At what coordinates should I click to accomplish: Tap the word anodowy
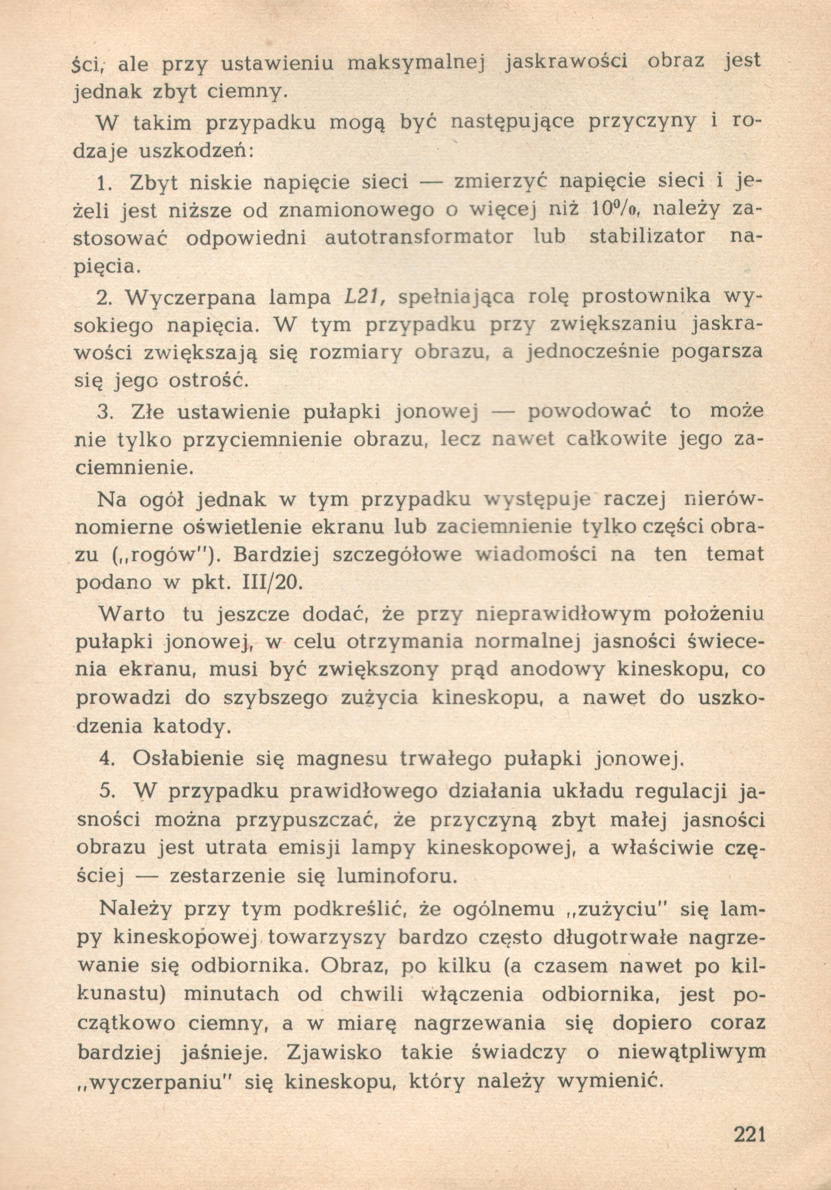click(x=551, y=669)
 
